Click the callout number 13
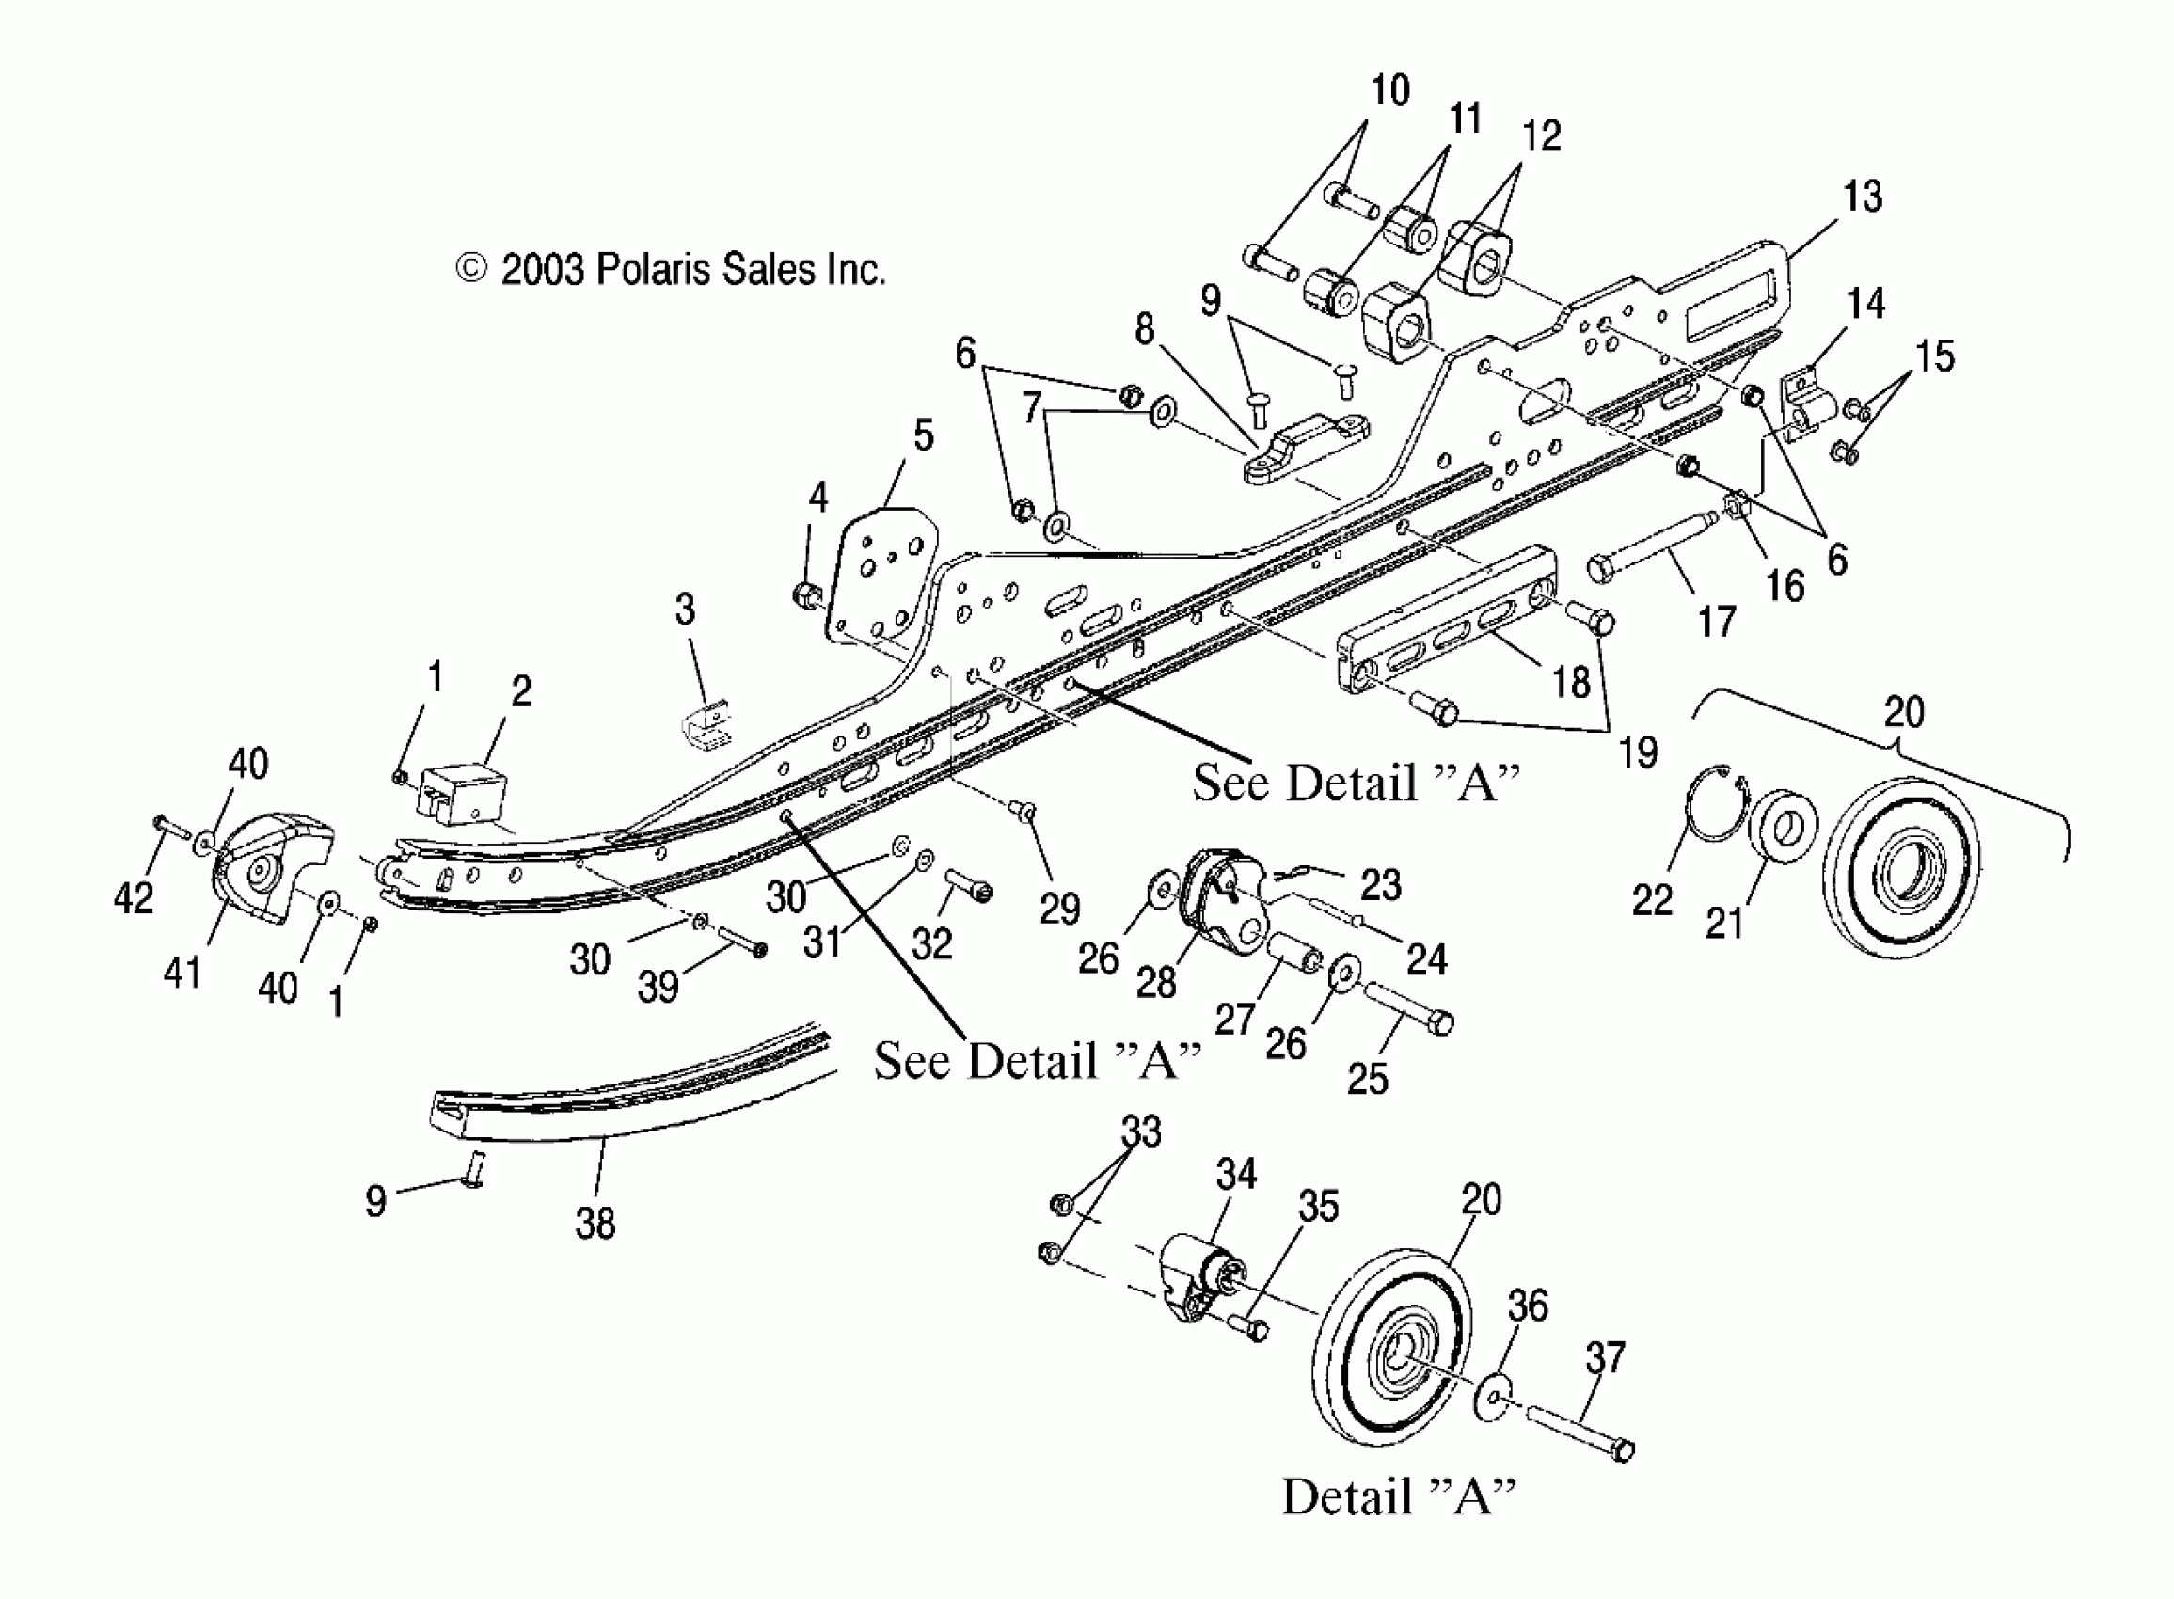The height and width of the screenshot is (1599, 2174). tap(1862, 198)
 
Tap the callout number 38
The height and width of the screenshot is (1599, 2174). tap(595, 1224)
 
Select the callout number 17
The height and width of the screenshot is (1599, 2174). tap(1717, 622)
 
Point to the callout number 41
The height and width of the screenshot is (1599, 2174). tap(182, 972)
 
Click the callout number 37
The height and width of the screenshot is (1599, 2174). tap(1605, 1358)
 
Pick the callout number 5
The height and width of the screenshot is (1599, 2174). tap(924, 435)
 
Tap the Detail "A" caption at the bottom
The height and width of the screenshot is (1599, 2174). tap(1398, 1496)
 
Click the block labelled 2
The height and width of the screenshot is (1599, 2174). tap(463, 789)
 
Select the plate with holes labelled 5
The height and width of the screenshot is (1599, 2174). tap(882, 576)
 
